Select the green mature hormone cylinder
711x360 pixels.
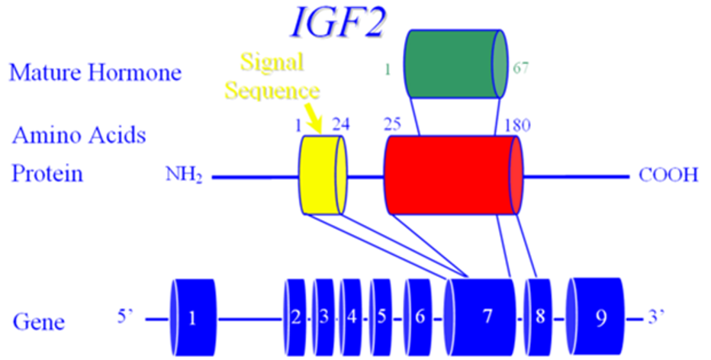(x=455, y=64)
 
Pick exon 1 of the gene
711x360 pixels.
(x=193, y=318)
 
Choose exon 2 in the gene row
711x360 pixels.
(x=295, y=317)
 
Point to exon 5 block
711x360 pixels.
(x=381, y=317)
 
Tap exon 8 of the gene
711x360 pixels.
(x=539, y=317)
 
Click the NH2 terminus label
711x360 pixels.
(x=184, y=177)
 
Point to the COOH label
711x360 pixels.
(x=668, y=176)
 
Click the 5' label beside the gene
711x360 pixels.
(x=126, y=314)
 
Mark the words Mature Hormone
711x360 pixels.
(x=95, y=73)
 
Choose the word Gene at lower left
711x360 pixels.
(x=38, y=322)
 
